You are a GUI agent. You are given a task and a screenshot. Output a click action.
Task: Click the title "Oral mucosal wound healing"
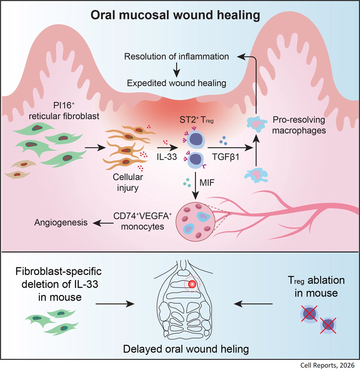(x=175, y=15)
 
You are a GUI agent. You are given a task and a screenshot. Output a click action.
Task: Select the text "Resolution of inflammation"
(x=176, y=57)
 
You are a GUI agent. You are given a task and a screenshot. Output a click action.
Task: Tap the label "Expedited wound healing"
(x=176, y=83)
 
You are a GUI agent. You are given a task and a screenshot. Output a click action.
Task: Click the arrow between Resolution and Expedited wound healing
(x=176, y=70)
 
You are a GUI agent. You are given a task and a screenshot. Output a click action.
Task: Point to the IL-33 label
(x=167, y=157)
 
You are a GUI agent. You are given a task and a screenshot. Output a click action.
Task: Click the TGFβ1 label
(x=226, y=157)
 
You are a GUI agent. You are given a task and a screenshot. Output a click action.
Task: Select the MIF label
(x=207, y=183)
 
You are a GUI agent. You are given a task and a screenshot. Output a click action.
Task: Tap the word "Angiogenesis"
(x=61, y=222)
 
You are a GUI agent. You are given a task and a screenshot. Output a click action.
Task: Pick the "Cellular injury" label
(x=128, y=182)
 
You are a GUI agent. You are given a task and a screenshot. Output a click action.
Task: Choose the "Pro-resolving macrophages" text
(x=299, y=125)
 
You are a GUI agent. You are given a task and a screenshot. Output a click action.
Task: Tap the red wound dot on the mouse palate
(x=191, y=284)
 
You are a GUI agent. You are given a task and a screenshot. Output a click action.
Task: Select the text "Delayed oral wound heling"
(x=186, y=349)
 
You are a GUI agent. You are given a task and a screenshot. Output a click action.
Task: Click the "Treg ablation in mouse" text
(x=316, y=286)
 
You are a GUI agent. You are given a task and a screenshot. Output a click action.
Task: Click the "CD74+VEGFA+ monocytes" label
(x=143, y=221)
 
